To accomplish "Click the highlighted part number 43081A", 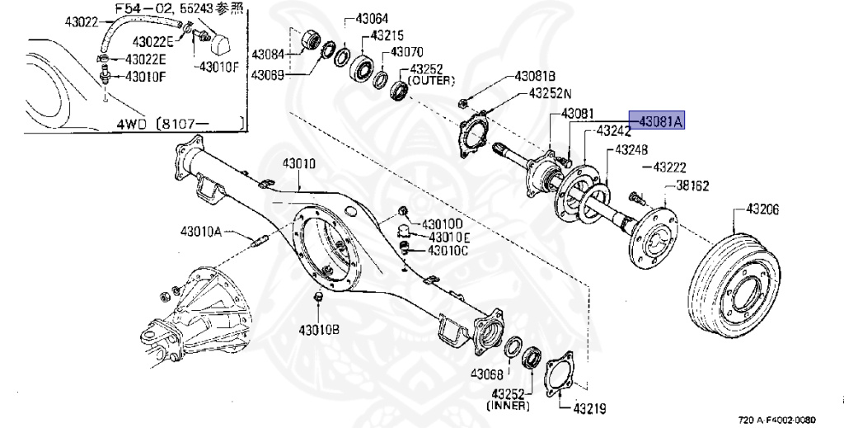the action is point(657,122).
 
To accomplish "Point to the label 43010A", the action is point(201,232).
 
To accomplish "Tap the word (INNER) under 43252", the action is point(508,406).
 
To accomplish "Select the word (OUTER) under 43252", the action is point(431,81).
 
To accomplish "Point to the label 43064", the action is point(372,20).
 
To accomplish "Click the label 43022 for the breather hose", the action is point(82,21).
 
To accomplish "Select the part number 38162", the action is point(692,186).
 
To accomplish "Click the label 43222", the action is point(669,167).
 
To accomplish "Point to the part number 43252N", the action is point(550,93).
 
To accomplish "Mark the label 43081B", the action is point(535,77).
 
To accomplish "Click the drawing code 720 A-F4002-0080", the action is point(776,420).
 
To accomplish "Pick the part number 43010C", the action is point(448,251).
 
